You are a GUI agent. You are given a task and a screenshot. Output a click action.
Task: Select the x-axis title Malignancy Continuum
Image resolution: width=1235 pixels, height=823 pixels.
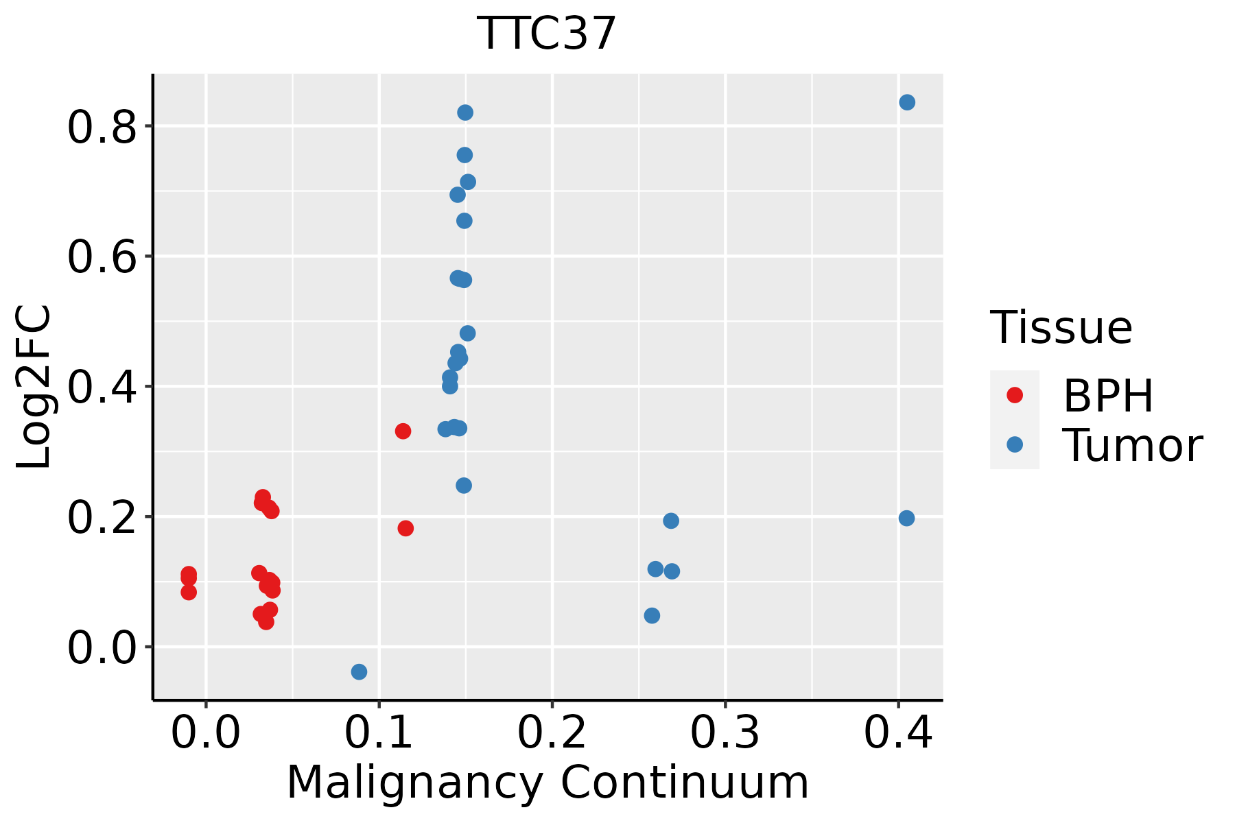(x=547, y=783)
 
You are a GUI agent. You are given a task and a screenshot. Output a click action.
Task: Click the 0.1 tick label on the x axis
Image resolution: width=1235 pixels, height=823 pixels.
(x=379, y=733)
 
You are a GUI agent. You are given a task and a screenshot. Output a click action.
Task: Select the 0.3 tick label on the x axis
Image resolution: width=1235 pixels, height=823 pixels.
(x=725, y=733)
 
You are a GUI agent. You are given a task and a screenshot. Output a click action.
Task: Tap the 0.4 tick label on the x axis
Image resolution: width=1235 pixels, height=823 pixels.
(x=897, y=733)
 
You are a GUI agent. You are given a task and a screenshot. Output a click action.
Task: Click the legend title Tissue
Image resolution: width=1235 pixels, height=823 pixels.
(x=1061, y=328)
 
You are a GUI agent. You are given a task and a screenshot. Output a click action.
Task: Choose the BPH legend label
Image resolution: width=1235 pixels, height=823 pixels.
(x=1108, y=396)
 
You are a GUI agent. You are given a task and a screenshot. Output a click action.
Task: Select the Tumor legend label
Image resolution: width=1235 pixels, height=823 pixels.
(x=1133, y=445)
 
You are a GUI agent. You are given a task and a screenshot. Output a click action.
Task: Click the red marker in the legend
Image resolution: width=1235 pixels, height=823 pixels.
(x=1014, y=395)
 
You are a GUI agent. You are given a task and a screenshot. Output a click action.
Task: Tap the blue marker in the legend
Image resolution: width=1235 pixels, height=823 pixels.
(x=1014, y=444)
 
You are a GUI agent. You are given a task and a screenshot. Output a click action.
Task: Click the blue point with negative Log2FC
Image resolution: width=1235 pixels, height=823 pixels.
(x=359, y=671)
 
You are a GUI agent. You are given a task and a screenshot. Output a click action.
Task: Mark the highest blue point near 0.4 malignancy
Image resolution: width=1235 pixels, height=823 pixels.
(x=907, y=102)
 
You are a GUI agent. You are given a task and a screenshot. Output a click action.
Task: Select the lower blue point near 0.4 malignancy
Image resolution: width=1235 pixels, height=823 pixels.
(x=906, y=518)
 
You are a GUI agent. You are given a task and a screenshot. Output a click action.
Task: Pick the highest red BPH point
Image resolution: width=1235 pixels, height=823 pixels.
(x=403, y=431)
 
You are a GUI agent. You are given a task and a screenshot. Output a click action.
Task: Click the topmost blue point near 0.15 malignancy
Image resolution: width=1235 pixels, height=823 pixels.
(x=465, y=112)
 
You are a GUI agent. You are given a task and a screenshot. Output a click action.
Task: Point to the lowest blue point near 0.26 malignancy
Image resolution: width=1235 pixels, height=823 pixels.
(x=652, y=615)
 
